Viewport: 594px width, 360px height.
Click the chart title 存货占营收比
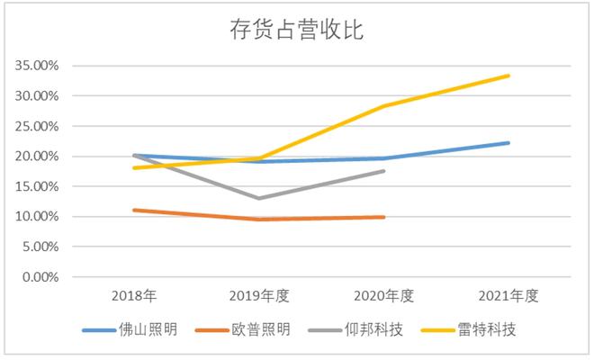[296, 30]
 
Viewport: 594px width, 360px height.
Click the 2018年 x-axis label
[134, 295]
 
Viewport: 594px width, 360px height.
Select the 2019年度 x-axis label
[259, 295]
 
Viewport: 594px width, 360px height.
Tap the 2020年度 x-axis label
[384, 295]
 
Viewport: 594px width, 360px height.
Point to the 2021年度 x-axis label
[508, 295]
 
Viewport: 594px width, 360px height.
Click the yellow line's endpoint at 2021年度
[509, 76]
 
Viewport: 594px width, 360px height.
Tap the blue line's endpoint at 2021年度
[509, 142]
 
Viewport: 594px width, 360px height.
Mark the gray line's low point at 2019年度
[259, 198]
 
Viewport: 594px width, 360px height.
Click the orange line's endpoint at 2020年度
[384, 217]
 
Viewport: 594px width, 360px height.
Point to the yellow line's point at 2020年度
[384, 106]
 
